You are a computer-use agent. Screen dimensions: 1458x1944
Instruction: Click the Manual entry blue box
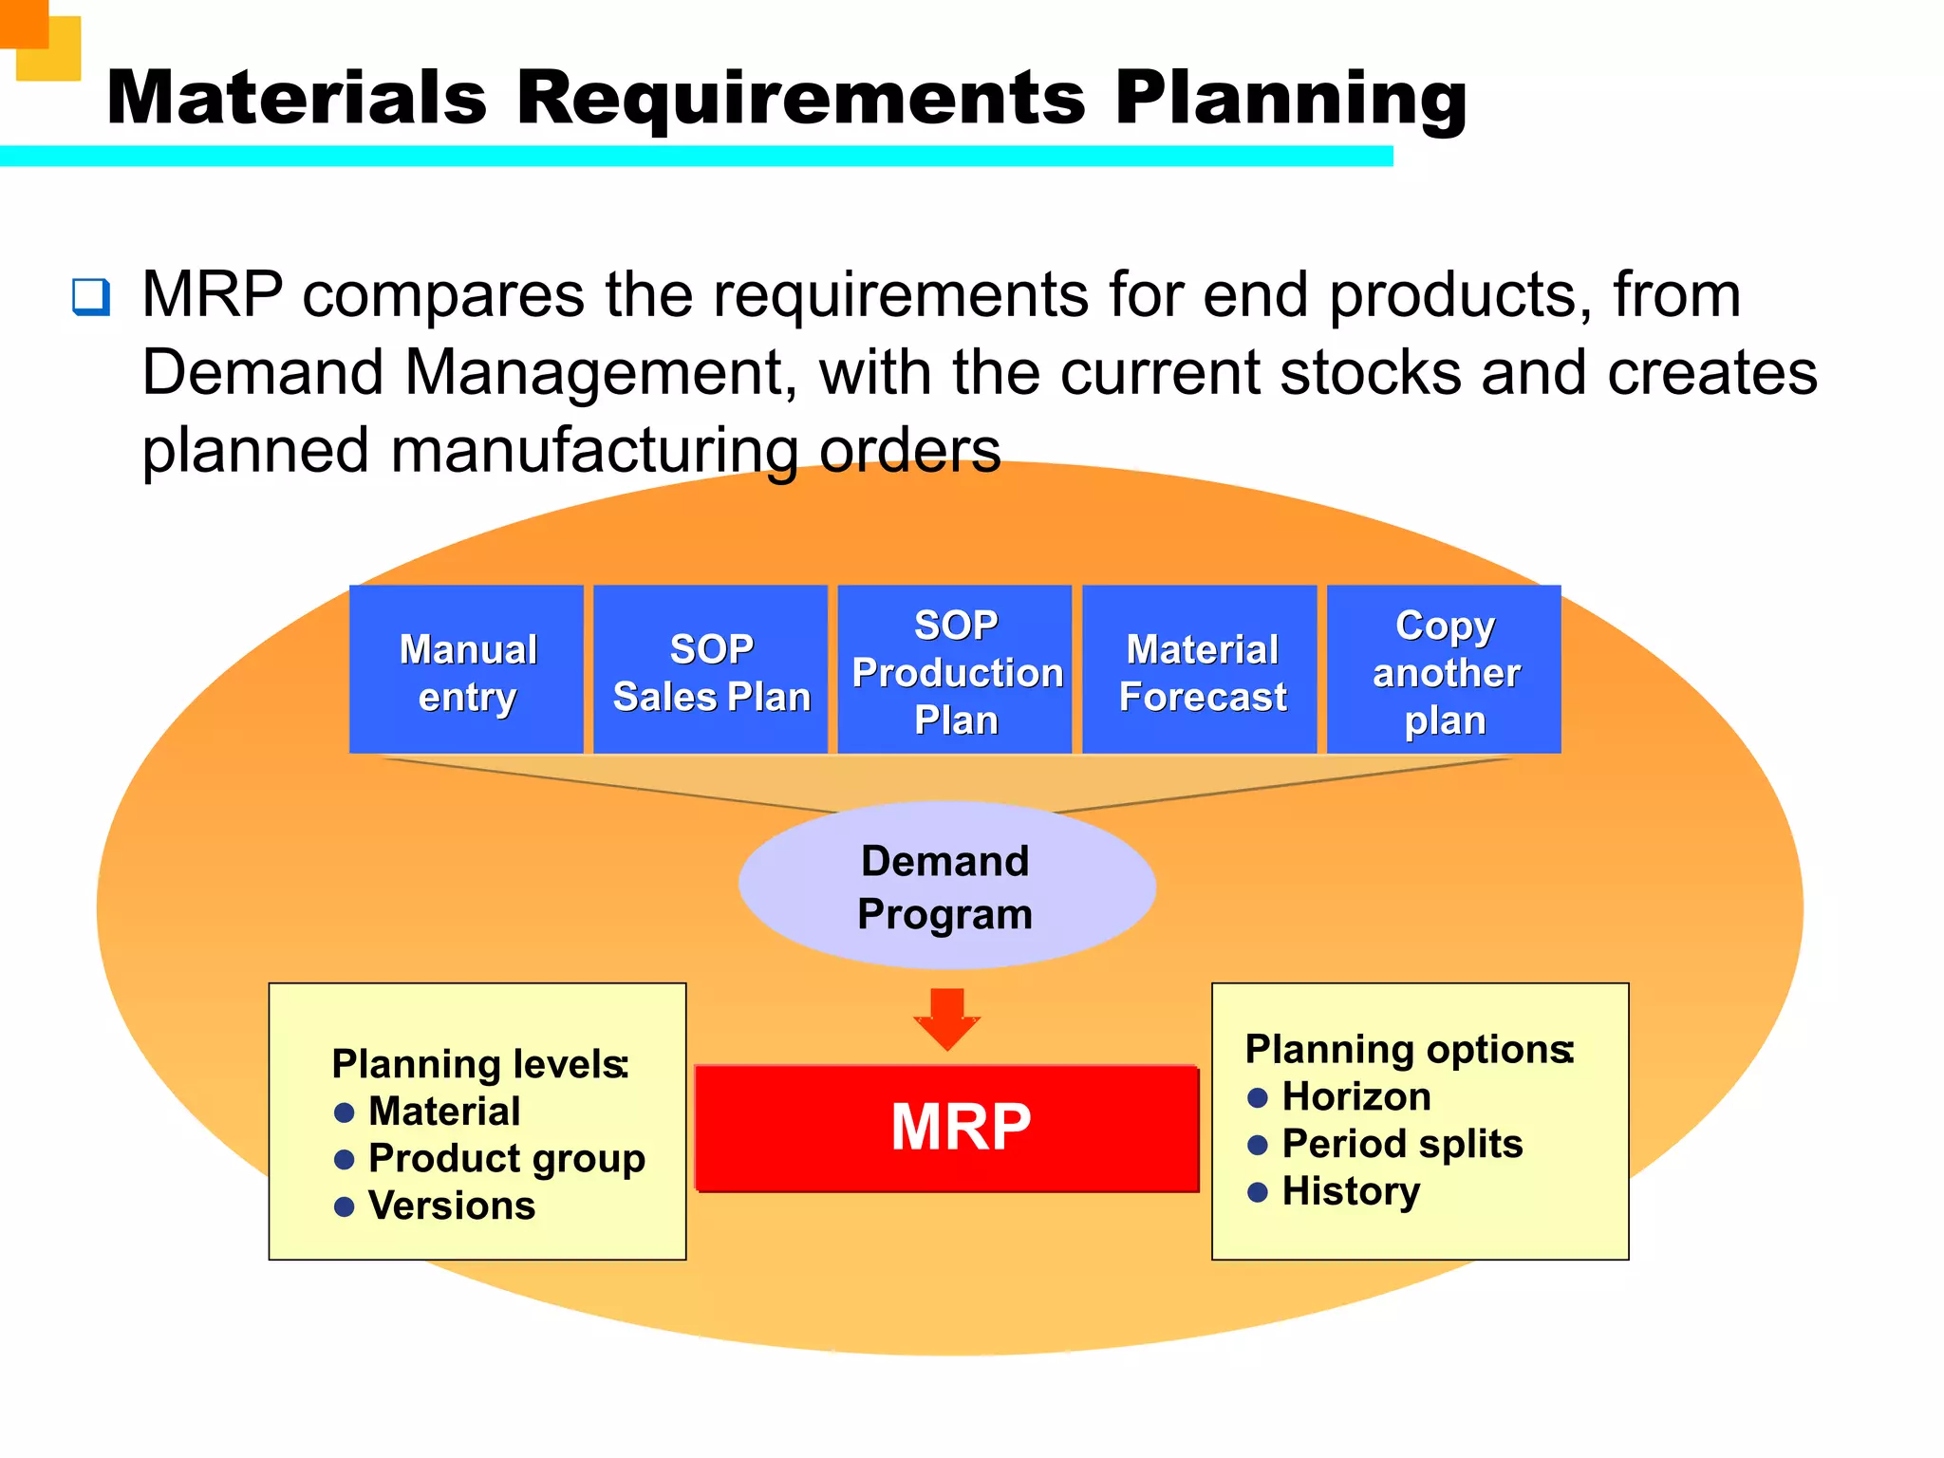coord(466,670)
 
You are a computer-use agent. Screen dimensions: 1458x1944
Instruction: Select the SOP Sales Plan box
coord(710,670)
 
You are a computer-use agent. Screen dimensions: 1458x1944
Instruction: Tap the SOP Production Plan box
coord(955,670)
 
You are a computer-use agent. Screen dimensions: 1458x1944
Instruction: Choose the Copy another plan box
coord(1444,670)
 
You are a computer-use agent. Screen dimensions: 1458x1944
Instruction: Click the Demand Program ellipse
coord(946,886)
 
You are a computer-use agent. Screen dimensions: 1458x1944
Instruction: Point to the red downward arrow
coord(946,1019)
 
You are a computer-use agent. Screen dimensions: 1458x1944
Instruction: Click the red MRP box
coord(947,1128)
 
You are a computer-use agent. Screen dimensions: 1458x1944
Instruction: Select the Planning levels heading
coord(479,1064)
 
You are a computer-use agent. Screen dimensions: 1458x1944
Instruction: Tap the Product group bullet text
coord(506,1158)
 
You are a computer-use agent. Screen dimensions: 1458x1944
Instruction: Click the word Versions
coord(452,1206)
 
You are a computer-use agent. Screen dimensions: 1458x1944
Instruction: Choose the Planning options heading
coord(1409,1050)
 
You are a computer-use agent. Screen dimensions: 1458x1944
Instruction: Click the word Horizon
coord(1355,1097)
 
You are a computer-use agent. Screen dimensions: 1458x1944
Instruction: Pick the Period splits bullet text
coord(1401,1144)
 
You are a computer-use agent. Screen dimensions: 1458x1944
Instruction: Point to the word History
coord(1351,1191)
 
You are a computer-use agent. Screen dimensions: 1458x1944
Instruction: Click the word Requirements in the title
coord(799,98)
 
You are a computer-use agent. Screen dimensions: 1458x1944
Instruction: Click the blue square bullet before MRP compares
coord(91,297)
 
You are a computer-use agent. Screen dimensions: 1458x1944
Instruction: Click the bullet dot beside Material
coord(345,1112)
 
